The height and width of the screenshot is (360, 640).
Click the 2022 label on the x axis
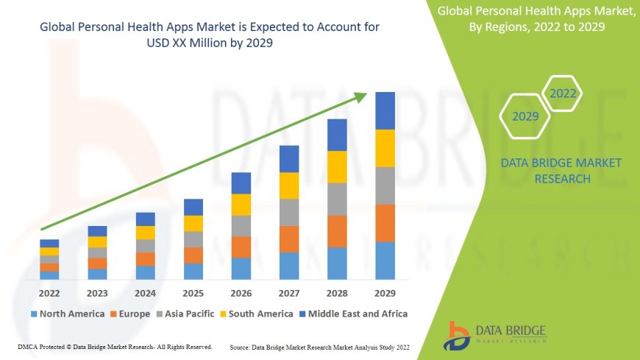49,292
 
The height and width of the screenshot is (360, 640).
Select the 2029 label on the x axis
385,292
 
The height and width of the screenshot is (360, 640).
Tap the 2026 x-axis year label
241,292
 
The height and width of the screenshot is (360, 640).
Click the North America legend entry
67,314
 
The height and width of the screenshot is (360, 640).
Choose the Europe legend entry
129,314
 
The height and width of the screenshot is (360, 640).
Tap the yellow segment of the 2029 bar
385,148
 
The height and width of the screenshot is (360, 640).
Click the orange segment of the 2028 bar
337,231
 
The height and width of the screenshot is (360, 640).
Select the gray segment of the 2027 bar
289,212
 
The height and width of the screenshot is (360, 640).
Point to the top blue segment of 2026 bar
241,183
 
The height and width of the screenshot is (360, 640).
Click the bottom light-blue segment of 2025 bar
193,272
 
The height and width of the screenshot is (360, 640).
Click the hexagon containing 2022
563,94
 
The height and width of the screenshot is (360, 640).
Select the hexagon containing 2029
525,116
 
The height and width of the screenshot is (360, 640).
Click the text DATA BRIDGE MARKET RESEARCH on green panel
561,171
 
